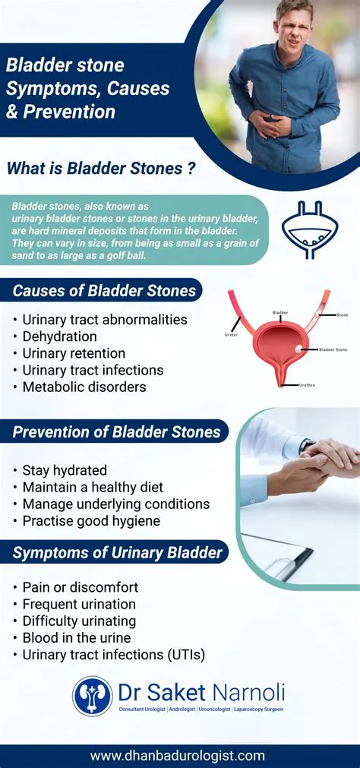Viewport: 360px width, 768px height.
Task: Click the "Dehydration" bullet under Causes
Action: [x=59, y=337]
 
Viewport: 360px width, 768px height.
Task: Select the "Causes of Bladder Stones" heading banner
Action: [x=104, y=290]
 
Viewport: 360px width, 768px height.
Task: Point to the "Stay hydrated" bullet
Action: [x=65, y=470]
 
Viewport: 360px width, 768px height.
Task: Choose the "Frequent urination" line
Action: [x=79, y=604]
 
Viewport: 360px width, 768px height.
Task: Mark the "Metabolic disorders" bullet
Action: [x=84, y=387]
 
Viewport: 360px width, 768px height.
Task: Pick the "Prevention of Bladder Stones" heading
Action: [x=116, y=433]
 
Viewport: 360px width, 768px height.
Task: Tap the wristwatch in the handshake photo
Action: [x=307, y=446]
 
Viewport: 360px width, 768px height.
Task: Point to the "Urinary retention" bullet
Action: [x=74, y=353]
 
